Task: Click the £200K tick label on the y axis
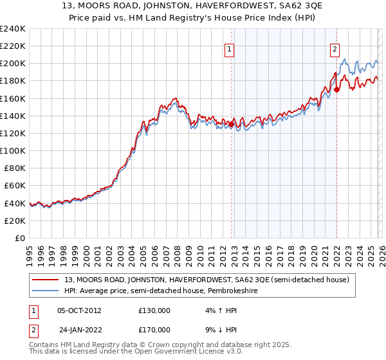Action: click(12, 64)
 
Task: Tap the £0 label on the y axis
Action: click(20, 238)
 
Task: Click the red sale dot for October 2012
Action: click(231, 124)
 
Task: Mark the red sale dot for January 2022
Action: click(336, 89)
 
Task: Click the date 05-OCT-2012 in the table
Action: click(78, 310)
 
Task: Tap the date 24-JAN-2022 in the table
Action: click(78, 329)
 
